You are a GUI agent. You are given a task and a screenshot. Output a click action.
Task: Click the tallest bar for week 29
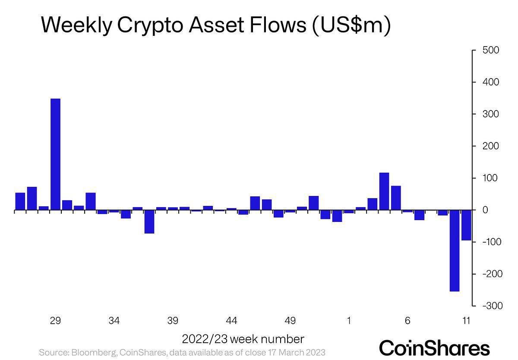coord(55,154)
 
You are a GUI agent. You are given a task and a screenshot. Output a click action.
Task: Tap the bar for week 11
coord(466,225)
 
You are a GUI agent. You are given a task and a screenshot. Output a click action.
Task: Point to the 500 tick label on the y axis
coord(491,51)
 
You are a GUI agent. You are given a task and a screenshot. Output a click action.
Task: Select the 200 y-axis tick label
coord(491,146)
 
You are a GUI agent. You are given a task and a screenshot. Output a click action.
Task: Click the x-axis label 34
coord(114,321)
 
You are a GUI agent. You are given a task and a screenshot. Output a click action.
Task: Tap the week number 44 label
coord(231,321)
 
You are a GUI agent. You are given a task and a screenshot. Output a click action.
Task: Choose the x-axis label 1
coord(349,321)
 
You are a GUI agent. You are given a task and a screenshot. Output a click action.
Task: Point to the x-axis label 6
coord(407,321)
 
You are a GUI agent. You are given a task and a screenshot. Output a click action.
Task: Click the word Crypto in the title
coord(143,26)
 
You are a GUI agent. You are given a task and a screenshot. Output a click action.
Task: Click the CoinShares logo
coord(434,348)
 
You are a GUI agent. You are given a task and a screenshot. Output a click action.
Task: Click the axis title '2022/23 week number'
coord(243,338)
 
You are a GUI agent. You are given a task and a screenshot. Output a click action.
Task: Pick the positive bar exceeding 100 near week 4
coord(384,191)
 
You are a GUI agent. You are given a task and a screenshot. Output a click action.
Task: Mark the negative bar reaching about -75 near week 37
coord(149,221)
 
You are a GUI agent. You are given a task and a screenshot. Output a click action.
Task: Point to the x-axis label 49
coord(290,321)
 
